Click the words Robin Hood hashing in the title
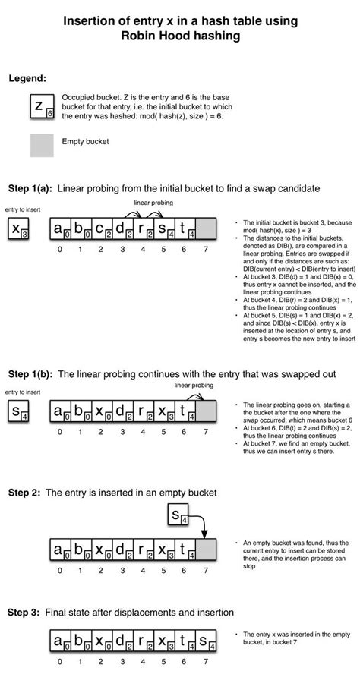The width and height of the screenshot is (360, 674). [181, 36]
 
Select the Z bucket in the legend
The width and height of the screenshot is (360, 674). [42, 108]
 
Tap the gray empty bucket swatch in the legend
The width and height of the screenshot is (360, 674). [42, 145]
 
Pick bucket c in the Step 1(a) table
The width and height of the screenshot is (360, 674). [100, 228]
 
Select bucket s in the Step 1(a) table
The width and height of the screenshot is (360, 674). [163, 228]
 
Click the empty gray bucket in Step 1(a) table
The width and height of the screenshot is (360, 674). [206, 228]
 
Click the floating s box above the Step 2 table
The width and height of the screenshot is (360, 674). [177, 518]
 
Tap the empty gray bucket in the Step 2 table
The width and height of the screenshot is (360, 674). [206, 549]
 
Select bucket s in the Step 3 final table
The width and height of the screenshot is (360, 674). [206, 642]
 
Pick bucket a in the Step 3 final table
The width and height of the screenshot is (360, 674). [59, 642]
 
